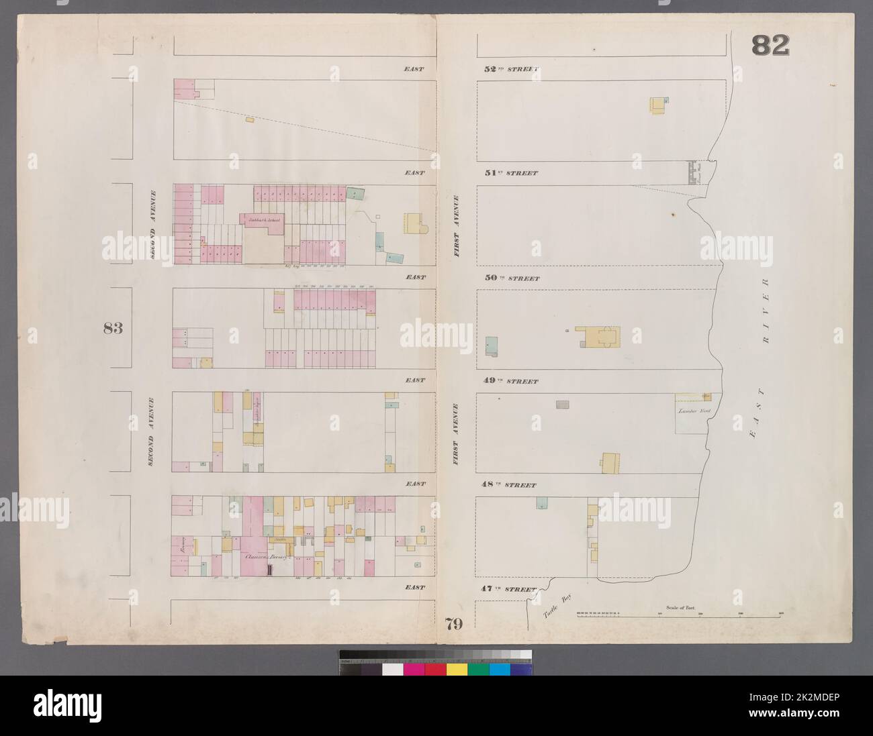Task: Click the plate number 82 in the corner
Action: [770, 46]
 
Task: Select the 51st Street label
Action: [510, 173]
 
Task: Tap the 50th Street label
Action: [510, 278]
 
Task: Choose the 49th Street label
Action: [510, 381]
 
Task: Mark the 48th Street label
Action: [510, 484]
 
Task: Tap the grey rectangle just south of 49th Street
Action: [562, 404]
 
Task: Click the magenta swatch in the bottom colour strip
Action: [414, 670]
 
